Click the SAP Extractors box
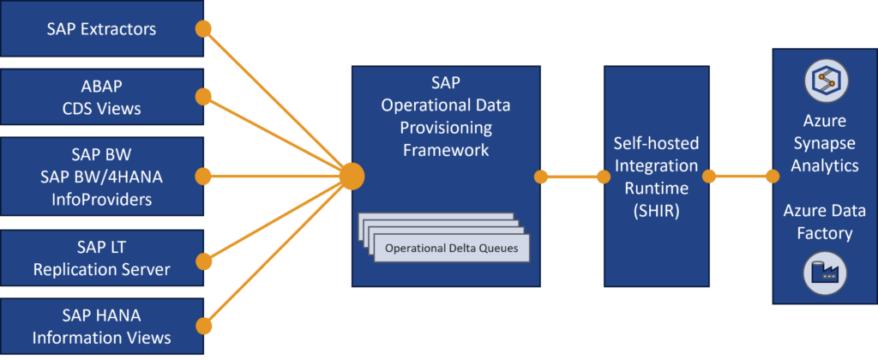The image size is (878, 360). click(101, 29)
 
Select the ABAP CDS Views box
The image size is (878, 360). click(101, 98)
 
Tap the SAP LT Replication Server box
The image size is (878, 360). click(101, 260)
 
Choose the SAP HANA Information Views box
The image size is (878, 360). click(101, 327)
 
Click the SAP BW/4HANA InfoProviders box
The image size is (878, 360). click(101, 177)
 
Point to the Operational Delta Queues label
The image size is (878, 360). click(450, 249)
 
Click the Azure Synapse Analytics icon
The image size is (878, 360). click(825, 81)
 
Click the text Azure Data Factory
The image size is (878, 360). click(825, 221)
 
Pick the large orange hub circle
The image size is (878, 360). click(351, 177)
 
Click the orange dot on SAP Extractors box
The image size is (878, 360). click(204, 29)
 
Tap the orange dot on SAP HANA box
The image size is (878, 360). click(204, 326)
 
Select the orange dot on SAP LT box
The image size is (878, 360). click(204, 261)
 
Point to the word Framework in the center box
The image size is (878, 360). click(446, 150)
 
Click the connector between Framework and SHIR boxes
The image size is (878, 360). click(572, 177)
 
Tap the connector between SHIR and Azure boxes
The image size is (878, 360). click(740, 177)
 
